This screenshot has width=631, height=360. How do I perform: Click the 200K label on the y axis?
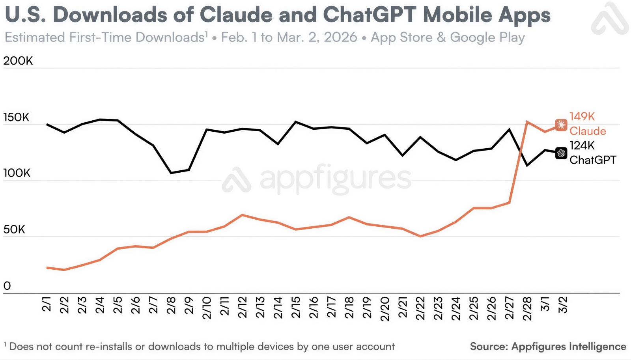click(x=18, y=61)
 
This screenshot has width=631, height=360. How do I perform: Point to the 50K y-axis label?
click(x=14, y=229)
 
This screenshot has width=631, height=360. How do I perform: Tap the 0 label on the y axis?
click(x=7, y=286)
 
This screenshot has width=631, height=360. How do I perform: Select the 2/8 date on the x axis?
click(x=171, y=305)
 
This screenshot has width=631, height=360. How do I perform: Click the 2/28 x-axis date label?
click(x=527, y=308)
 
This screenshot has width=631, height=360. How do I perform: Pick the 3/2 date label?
click(x=563, y=305)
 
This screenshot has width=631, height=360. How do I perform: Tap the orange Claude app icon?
click(x=561, y=125)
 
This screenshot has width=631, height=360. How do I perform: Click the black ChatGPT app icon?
click(x=561, y=153)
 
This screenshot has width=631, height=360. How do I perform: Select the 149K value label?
click(x=582, y=117)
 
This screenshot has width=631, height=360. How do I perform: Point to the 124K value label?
click(x=582, y=145)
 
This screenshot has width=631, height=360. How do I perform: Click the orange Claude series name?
click(x=588, y=131)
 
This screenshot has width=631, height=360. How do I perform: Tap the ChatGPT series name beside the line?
click(x=593, y=160)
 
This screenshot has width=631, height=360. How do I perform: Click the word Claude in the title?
click(x=236, y=15)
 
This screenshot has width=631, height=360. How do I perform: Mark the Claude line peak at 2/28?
click(x=527, y=122)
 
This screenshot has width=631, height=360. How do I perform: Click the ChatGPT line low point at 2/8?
click(x=171, y=173)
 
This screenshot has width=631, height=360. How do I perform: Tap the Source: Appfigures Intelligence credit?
click(x=548, y=347)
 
